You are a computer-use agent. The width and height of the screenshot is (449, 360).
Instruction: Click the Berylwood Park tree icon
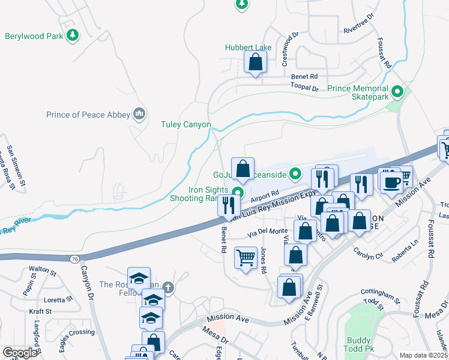pos(72,36)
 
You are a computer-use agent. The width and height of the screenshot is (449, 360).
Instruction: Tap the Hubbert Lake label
pos(248,47)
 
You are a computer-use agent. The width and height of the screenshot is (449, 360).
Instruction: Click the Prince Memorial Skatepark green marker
pos(397,92)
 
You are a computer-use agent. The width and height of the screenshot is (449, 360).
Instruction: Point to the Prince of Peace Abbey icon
pos(140,114)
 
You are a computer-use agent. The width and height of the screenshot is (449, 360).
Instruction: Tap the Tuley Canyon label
pos(185,125)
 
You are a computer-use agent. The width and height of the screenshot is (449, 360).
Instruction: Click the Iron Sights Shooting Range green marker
pos(238,193)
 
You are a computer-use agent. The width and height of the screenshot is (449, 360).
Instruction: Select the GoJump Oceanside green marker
pos(295,175)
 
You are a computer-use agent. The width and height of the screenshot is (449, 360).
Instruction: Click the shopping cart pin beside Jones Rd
pos(246,259)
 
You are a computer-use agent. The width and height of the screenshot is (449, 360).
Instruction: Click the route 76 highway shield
pos(73,259)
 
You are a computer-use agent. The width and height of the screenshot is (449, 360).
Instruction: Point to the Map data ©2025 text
pos(423,355)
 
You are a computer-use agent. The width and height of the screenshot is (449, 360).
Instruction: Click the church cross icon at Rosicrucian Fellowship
pos(169,287)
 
